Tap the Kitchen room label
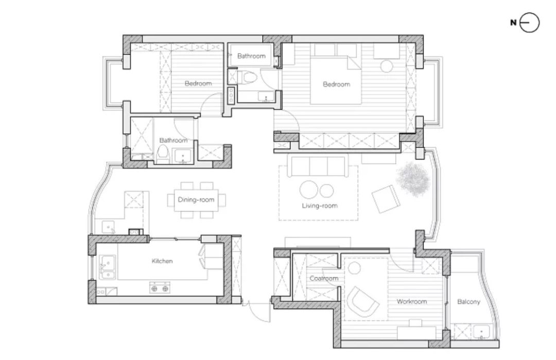(162, 261)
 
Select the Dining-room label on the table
(196, 200)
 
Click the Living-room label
(320, 205)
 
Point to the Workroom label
(411, 301)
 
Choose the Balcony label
(468, 302)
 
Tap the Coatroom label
(324, 279)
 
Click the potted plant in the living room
(413, 179)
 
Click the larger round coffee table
(309, 190)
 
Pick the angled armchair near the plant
(386, 199)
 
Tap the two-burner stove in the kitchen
(160, 288)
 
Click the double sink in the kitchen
(107, 267)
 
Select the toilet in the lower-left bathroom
(163, 155)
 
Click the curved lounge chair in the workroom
(362, 302)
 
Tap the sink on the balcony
(481, 332)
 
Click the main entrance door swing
(256, 312)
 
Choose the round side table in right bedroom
(387, 66)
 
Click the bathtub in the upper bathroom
(251, 55)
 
